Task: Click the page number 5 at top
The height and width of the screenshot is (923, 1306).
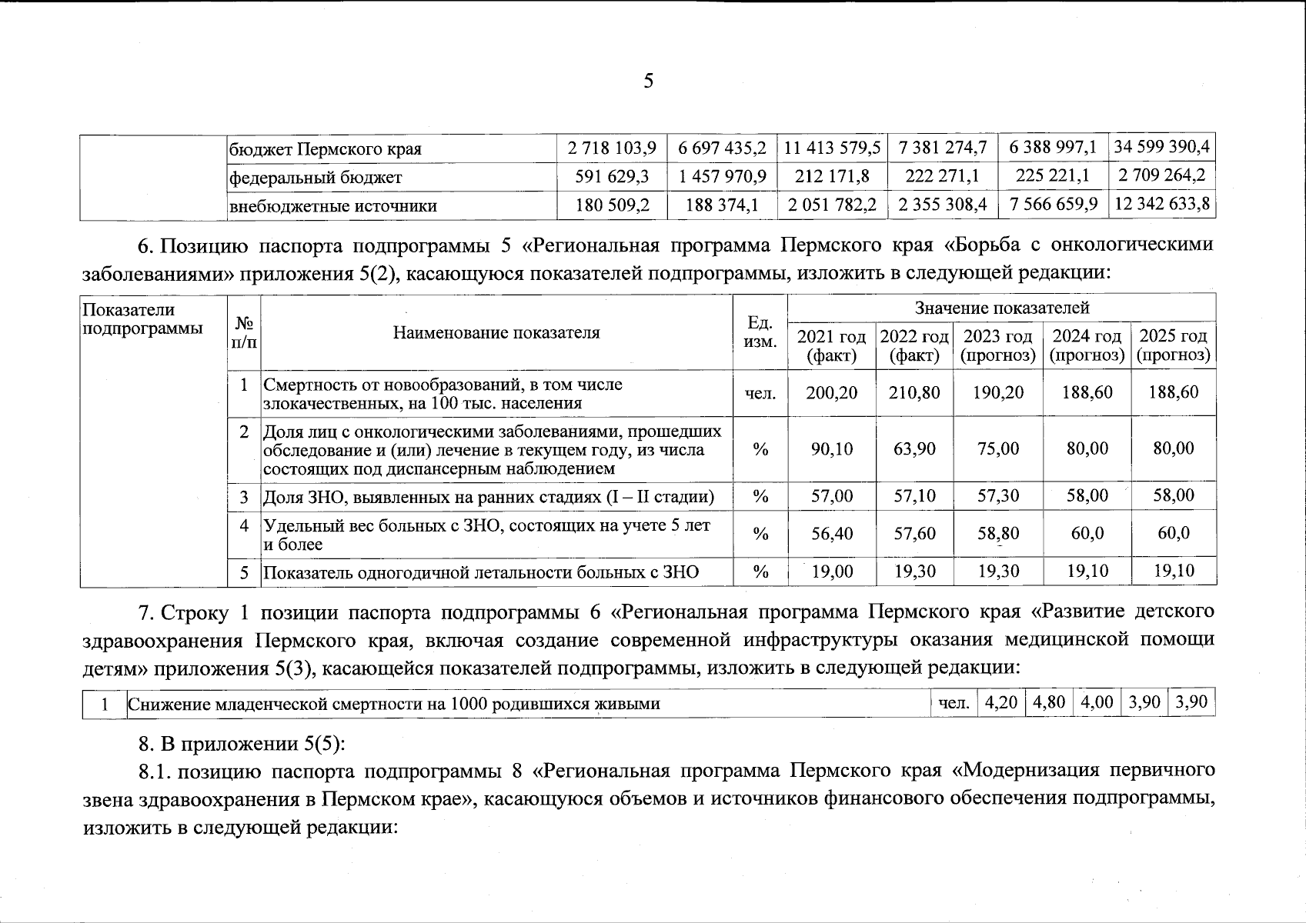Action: point(648,80)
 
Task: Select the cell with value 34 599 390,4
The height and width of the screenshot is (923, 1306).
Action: point(1161,147)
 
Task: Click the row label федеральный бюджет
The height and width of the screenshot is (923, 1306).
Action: point(316,178)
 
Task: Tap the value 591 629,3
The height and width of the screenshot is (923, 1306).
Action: point(612,176)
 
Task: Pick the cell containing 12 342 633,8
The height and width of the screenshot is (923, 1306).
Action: point(1161,204)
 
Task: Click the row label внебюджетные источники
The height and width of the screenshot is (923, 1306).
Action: point(333,206)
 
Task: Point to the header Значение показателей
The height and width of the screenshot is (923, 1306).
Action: point(1001,308)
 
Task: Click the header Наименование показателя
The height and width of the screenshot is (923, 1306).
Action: point(496,332)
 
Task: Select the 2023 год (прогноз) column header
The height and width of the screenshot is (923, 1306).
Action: point(997,345)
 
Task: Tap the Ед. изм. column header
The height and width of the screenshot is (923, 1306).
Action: point(760,333)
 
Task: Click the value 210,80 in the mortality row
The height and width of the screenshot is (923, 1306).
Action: point(914,392)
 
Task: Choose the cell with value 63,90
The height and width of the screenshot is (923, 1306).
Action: point(914,448)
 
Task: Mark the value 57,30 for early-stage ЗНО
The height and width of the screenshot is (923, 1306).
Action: point(997,495)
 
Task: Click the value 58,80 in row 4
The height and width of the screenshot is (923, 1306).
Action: point(997,533)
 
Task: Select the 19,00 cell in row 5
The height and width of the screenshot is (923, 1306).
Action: point(832,571)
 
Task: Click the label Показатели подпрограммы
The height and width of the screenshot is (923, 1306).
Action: point(129,318)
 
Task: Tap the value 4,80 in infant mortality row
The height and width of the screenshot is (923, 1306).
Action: point(1047,702)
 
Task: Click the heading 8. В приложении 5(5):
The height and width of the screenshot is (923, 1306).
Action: point(242,744)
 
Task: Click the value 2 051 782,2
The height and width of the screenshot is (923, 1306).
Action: point(831,205)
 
